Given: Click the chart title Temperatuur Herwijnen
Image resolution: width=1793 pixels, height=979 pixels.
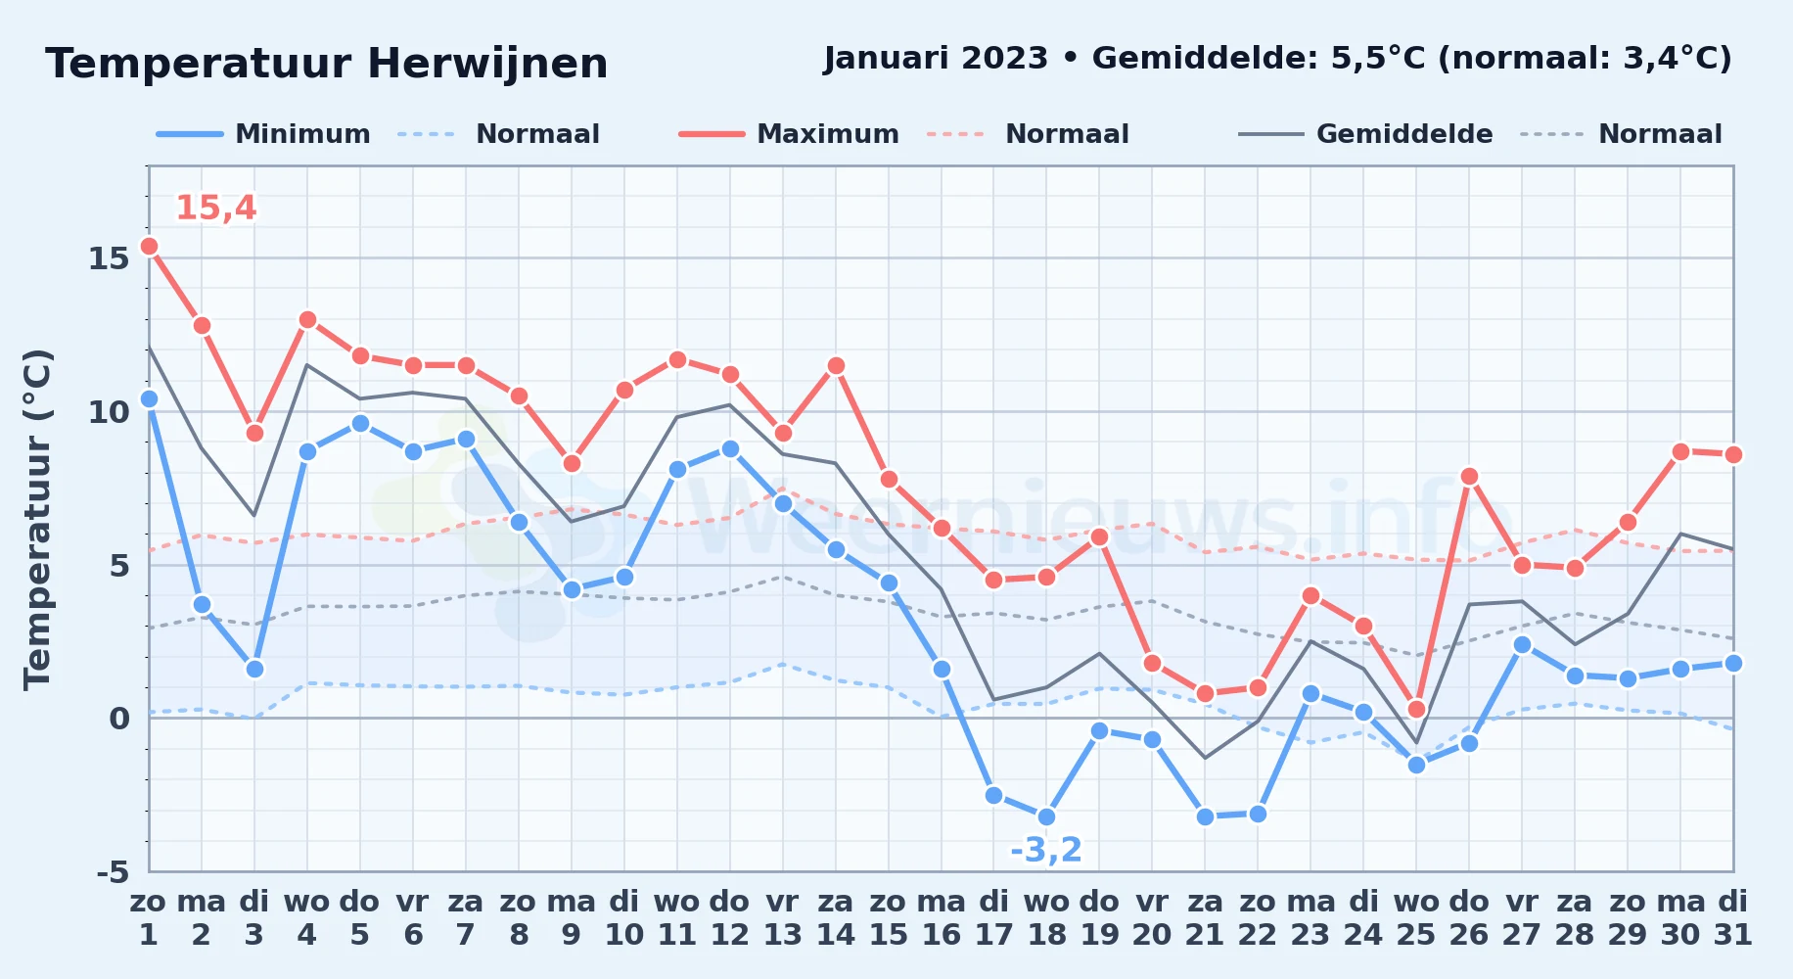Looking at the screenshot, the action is tap(326, 65).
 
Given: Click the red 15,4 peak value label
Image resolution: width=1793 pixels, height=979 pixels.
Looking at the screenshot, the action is tap(216, 208).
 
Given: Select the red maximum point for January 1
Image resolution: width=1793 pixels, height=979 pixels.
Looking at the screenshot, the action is tap(149, 246).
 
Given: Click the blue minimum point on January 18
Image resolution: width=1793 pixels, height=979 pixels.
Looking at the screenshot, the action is tap(1046, 816).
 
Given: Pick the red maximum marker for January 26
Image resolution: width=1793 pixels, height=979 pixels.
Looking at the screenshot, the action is tap(1469, 477).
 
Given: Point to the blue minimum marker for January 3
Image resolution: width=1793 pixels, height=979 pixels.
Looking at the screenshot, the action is tap(254, 669).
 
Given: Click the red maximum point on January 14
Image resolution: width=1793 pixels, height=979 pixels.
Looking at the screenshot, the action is tap(836, 365).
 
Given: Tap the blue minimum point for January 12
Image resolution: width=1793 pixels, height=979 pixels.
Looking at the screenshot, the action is tap(730, 448).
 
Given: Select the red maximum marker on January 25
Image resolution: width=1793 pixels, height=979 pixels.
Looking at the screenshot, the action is tap(1416, 709).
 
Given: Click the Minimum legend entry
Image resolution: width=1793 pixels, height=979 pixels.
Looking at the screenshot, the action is tap(263, 134).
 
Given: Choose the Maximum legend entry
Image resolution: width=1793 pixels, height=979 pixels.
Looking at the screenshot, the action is tap(789, 134).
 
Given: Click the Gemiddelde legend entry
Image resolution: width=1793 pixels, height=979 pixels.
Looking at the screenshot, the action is tap(1365, 134).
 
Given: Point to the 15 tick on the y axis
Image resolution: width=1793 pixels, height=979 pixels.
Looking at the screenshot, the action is tap(109, 258).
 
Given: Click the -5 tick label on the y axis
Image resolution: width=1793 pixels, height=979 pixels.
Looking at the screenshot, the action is tap(113, 871).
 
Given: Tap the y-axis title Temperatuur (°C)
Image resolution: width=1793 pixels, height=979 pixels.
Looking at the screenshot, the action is tap(37, 520).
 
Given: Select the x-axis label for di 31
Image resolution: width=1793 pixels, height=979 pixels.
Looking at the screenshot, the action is tap(1732, 918).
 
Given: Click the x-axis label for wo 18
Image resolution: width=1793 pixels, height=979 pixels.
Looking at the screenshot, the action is tap(1046, 918).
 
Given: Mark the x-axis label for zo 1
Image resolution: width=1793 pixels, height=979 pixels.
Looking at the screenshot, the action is tap(149, 918).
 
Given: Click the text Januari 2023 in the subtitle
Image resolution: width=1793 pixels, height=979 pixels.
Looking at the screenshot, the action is tap(936, 59).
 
